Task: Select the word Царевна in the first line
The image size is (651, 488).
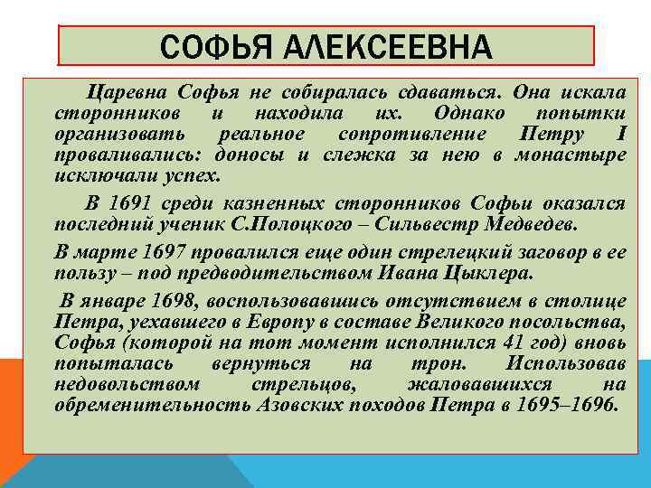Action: pos(127,93)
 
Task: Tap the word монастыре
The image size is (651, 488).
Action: pos(583,155)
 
